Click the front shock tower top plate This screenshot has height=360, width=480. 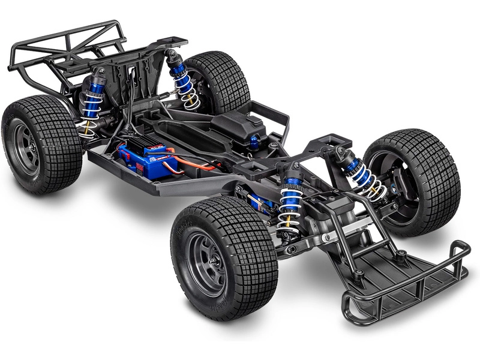pyautogui.click(x=330, y=144)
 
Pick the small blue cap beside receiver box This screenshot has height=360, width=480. pyautogui.click(x=254, y=142)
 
